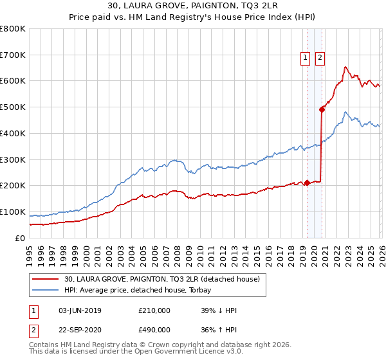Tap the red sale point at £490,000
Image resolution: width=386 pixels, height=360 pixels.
coord(322,109)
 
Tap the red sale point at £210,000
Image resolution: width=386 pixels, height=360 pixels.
coord(307,183)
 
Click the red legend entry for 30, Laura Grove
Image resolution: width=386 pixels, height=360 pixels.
coord(161,279)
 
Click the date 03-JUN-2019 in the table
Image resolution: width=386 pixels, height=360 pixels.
coord(80,310)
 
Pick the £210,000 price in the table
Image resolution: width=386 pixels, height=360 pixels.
coord(154,310)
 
